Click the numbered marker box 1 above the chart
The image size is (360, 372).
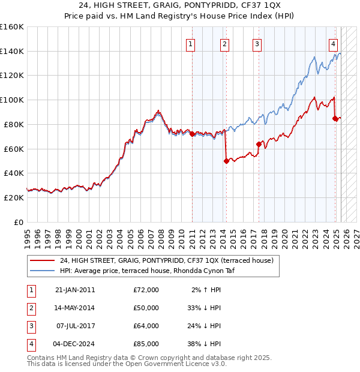(190, 43)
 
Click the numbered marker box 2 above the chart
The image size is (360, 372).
(224, 43)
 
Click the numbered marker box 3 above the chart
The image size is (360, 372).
(257, 43)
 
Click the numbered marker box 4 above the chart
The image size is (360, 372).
(333, 43)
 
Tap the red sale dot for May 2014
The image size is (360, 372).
(226, 161)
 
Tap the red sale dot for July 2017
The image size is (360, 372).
(259, 144)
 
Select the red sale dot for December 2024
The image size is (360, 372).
(335, 118)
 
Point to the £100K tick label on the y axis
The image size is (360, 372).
(12, 100)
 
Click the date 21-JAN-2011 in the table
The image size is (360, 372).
(75, 290)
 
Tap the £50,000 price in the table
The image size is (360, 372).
(146, 308)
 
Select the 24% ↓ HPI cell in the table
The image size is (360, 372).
(203, 326)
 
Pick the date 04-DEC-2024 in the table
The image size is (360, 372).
(75, 344)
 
